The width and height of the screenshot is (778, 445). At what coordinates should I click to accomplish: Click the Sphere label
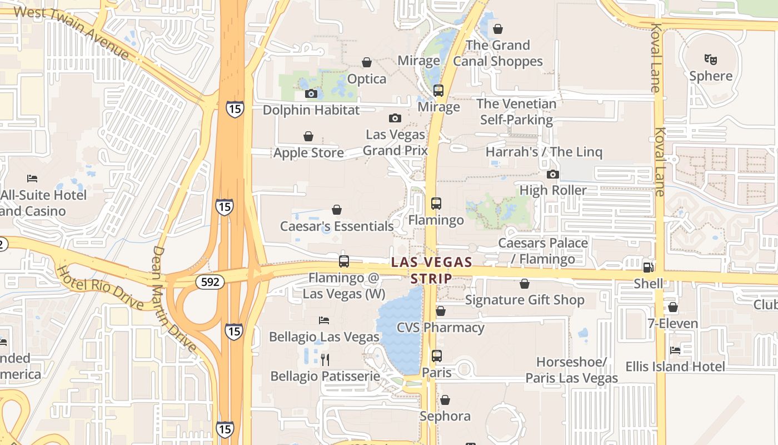pyautogui.click(x=711, y=76)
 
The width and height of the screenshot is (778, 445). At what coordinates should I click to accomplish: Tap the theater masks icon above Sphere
pyautogui.click(x=709, y=58)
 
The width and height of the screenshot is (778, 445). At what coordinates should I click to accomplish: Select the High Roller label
pyautogui.click(x=552, y=190)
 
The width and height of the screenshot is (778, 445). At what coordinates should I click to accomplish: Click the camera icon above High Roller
pyautogui.click(x=552, y=175)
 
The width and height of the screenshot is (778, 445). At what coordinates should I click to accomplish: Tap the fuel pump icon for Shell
pyautogui.click(x=648, y=267)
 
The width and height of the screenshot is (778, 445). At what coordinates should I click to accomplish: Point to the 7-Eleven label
pyautogui.click(x=672, y=323)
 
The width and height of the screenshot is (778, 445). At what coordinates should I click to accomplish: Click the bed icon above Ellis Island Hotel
pyautogui.click(x=675, y=350)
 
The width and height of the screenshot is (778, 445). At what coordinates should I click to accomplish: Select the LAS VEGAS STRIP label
pyautogui.click(x=431, y=270)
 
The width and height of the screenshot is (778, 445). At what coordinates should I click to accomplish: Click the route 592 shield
pyautogui.click(x=210, y=282)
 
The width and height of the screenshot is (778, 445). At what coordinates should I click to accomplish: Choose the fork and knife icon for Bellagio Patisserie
pyautogui.click(x=325, y=360)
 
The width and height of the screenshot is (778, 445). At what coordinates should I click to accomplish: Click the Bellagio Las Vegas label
pyautogui.click(x=324, y=337)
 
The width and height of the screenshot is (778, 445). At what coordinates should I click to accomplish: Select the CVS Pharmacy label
pyautogui.click(x=440, y=327)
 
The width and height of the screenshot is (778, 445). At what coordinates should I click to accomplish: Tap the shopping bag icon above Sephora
pyautogui.click(x=445, y=400)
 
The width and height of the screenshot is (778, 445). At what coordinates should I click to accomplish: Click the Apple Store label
pyautogui.click(x=308, y=153)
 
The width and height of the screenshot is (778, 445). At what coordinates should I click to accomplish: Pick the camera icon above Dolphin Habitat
pyautogui.click(x=311, y=94)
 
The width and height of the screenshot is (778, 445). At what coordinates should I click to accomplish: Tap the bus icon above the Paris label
pyautogui.click(x=437, y=355)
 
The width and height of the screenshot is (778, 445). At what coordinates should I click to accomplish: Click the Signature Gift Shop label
pyautogui.click(x=524, y=300)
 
